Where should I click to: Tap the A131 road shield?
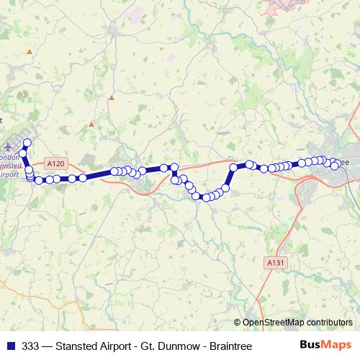(274, 264)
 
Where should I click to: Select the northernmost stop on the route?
(27, 143)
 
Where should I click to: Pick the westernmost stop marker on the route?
(22, 153)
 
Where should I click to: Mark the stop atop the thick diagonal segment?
(233, 168)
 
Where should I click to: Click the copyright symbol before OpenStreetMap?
(238, 322)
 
